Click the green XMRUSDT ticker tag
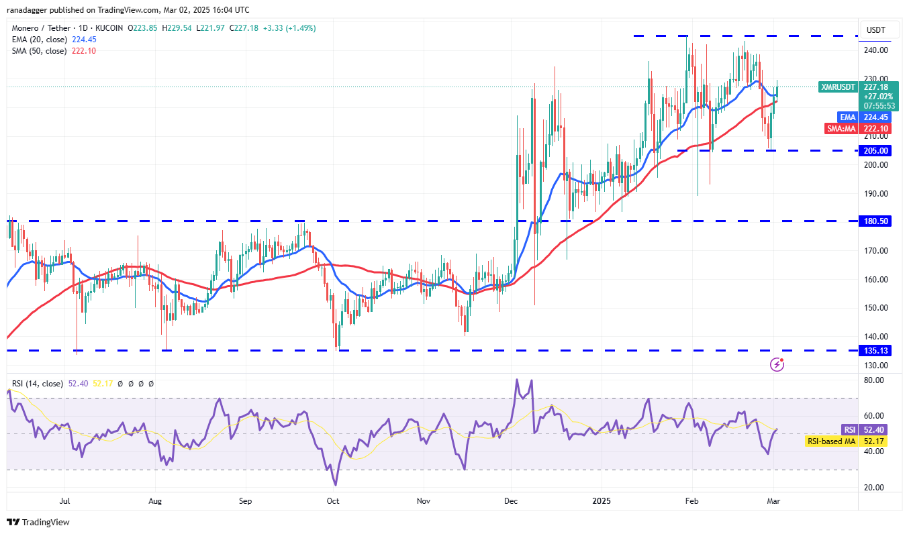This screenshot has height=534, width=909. (x=838, y=87)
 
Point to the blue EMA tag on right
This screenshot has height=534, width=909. (x=848, y=117)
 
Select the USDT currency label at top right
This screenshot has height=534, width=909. (x=876, y=30)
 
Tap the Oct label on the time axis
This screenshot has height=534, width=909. (x=334, y=500)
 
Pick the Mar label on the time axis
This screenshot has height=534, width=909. (x=773, y=500)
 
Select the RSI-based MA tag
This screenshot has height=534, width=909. (x=831, y=441)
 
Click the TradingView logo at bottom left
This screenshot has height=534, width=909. (x=38, y=522)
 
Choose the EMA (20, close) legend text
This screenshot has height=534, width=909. (x=39, y=39)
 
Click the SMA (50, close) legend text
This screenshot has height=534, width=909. (x=39, y=50)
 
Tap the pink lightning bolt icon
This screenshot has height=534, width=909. (x=777, y=364)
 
